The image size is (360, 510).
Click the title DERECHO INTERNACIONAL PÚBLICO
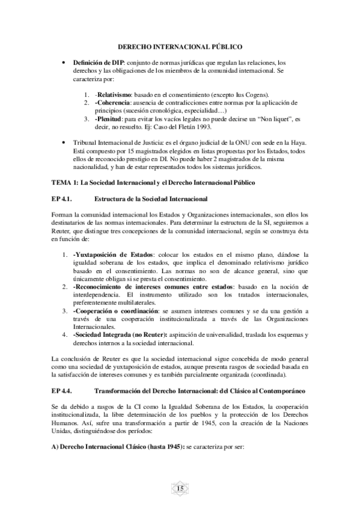coord(180,46)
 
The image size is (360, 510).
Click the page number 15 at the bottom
coord(180,487)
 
